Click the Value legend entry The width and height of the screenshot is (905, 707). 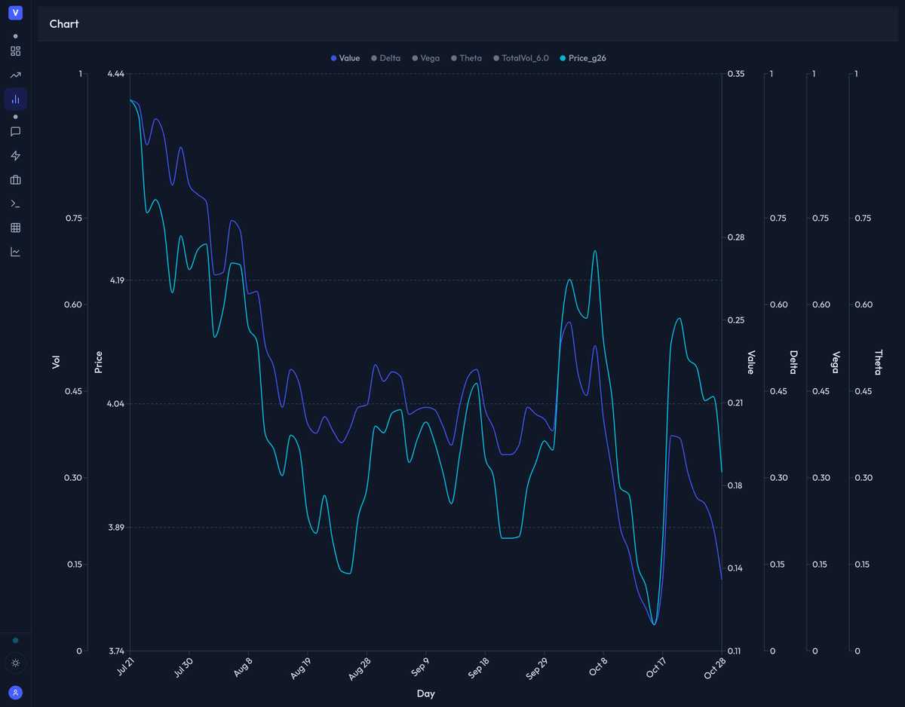pos(345,58)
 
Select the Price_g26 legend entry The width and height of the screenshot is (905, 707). pos(583,58)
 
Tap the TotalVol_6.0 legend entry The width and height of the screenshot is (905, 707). pos(521,58)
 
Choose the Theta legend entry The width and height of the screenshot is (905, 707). pos(466,58)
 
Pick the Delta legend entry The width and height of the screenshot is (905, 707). pos(385,58)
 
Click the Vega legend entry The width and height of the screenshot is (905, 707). pos(425,58)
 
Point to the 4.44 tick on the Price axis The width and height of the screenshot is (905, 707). pos(116,74)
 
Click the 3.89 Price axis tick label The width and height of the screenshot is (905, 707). pos(116,528)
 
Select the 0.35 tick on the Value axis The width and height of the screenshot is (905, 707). pos(735,74)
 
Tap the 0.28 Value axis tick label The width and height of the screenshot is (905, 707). pos(735,237)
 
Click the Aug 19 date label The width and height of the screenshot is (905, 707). pos(301,669)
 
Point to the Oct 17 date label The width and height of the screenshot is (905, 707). pos(655,669)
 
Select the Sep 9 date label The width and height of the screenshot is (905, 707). pos(420,669)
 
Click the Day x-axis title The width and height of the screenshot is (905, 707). pos(425,693)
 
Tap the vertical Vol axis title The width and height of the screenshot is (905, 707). pos(56,362)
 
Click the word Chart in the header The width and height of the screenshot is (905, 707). pos(64,24)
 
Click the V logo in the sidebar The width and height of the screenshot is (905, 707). pos(15,13)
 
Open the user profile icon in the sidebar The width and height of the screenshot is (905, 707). pos(15,692)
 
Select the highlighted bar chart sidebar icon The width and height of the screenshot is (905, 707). pos(15,99)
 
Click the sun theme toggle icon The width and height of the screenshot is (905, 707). pos(15,663)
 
